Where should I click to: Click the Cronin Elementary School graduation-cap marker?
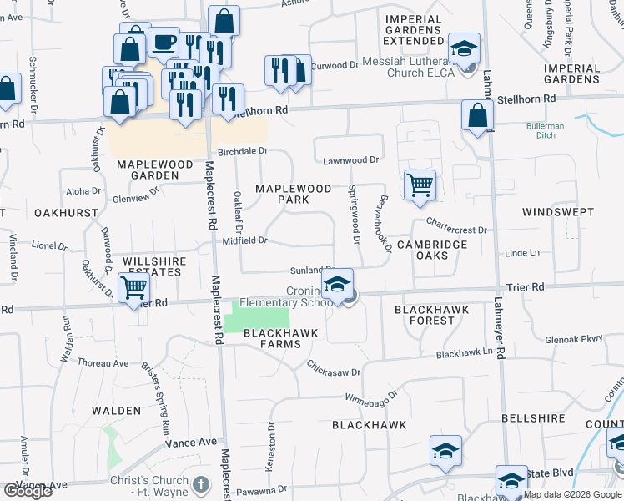[x=338, y=284]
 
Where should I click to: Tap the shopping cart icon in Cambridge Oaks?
[x=420, y=185]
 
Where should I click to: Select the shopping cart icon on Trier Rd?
[x=134, y=290]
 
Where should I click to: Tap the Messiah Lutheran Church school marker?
[x=465, y=48]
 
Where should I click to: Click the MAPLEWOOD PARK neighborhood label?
[x=293, y=194]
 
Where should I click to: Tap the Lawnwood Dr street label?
[x=351, y=159]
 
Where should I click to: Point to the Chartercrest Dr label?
[x=455, y=225]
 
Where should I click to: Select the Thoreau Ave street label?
[x=103, y=363]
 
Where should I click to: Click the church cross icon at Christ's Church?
[x=200, y=483]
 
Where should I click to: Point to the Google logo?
[x=28, y=491]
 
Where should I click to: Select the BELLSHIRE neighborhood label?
[x=528, y=417]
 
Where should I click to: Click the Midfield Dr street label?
[x=244, y=240]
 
